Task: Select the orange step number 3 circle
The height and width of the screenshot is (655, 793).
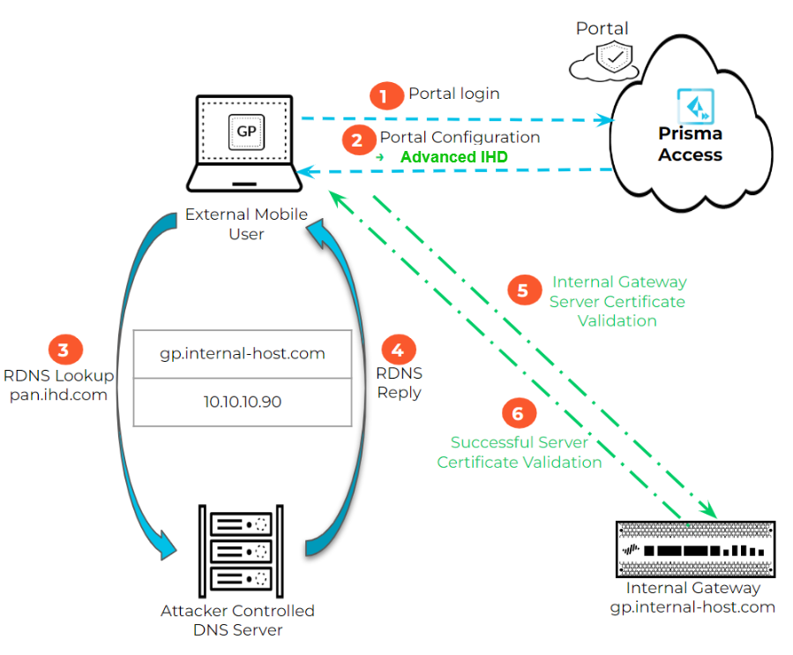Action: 64,350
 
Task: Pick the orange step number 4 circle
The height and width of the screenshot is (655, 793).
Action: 400,350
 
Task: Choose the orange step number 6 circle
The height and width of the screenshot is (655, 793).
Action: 518,413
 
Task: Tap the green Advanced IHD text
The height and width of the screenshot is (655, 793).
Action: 454,157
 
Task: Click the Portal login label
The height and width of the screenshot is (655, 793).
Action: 453,94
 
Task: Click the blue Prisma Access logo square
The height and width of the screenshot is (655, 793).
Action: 690,104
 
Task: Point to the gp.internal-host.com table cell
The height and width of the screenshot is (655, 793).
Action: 242,354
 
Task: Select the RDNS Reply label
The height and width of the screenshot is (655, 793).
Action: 400,384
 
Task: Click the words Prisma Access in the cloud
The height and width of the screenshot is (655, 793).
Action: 690,145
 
